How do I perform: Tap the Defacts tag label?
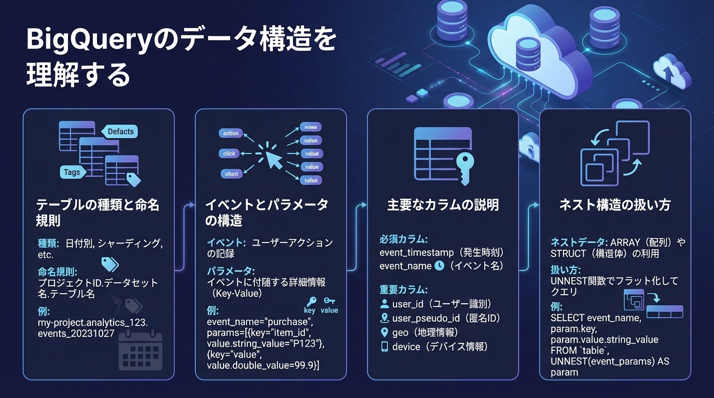(x=120, y=132)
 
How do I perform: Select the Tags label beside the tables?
(x=72, y=172)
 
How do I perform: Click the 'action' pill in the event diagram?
(x=230, y=133)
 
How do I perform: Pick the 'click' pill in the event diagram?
(x=229, y=153)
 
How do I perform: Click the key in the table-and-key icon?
(x=463, y=166)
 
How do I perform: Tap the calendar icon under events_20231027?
(x=141, y=351)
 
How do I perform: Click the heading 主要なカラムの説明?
(x=443, y=205)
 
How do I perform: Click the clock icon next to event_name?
(x=439, y=266)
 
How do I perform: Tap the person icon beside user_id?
(x=385, y=304)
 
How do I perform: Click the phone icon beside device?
(x=385, y=347)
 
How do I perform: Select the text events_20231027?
(x=76, y=334)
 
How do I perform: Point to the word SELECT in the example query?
(x=567, y=318)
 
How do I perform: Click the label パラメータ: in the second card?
(x=231, y=271)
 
